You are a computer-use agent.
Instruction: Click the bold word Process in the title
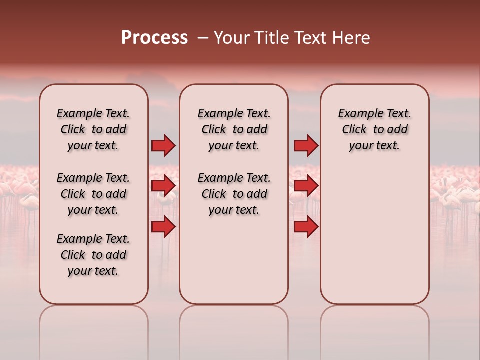(154, 38)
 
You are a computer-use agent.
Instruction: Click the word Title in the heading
(272, 38)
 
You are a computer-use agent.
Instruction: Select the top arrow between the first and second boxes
(163, 145)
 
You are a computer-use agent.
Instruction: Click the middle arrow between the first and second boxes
(163, 186)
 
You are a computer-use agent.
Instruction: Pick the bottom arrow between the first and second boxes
(163, 227)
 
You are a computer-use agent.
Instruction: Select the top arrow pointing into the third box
(306, 145)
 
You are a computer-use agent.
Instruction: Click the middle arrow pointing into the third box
(306, 186)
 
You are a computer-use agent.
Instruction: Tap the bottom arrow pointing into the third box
(306, 227)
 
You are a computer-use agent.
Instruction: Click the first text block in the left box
(93, 129)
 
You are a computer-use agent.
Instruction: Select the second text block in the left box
(93, 194)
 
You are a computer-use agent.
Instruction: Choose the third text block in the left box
(93, 255)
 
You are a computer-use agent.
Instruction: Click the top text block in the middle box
(234, 129)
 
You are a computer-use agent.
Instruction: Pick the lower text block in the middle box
(234, 194)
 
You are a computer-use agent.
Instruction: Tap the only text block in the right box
(374, 129)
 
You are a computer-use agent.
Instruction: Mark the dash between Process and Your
(202, 38)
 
